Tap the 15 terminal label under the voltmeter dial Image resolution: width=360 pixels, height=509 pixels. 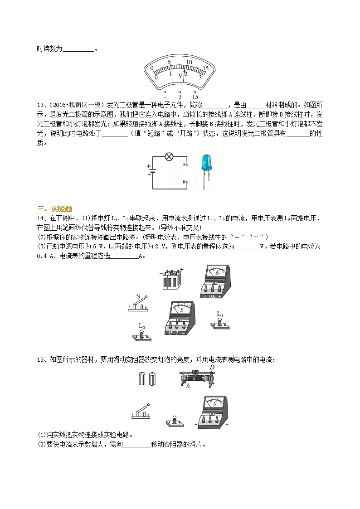point(195,97)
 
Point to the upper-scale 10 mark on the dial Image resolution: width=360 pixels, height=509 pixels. point(189,63)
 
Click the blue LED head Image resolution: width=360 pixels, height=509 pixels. point(206,161)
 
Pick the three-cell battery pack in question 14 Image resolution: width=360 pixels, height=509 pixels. point(171,280)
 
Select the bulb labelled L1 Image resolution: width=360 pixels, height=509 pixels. point(220,322)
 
